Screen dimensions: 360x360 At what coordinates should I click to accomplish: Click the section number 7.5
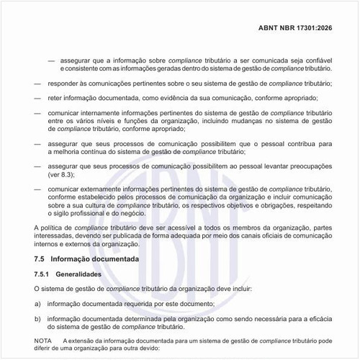41,258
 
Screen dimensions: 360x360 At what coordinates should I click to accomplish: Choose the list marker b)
37,319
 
